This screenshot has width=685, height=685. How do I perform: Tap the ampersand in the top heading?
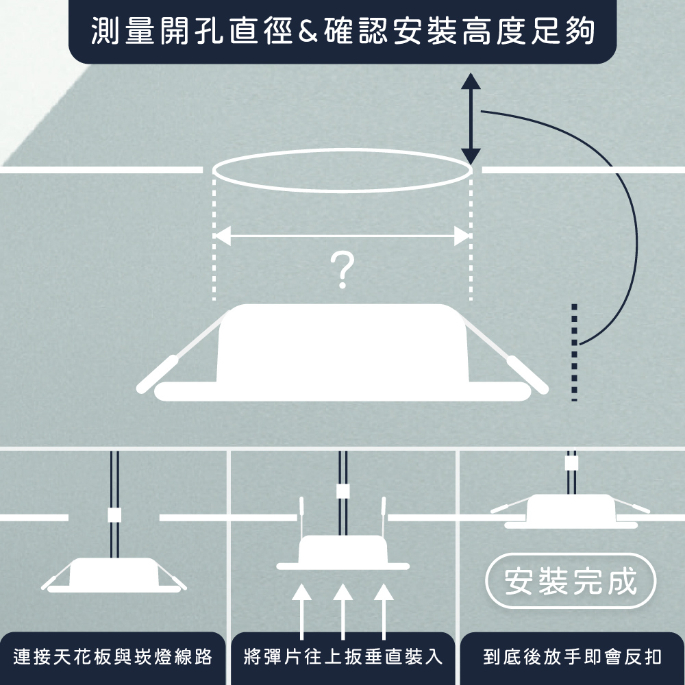point(307,32)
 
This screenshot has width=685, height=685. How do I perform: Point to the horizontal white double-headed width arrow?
point(342,236)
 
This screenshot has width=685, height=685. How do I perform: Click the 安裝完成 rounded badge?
point(571,582)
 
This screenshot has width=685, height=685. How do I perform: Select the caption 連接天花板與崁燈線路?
point(113,658)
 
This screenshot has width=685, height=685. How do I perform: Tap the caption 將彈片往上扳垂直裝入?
point(342,658)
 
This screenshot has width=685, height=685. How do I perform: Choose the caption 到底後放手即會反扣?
point(572,658)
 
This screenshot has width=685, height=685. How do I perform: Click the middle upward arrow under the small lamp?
point(342,610)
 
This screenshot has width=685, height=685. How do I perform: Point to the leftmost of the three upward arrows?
point(301,610)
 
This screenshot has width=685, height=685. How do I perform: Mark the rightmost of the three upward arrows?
point(384,610)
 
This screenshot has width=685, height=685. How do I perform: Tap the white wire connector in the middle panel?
point(343,491)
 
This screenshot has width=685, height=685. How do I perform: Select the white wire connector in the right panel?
point(571,463)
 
